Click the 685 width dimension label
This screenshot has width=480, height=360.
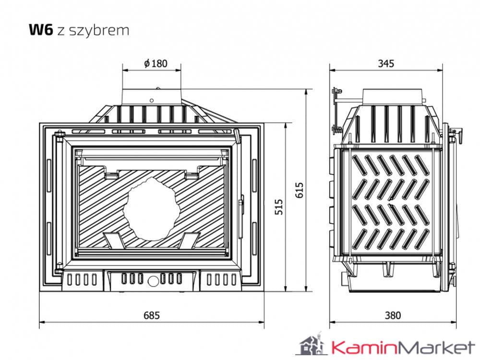(x=151, y=315)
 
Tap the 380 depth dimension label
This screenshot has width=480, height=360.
(x=392, y=315)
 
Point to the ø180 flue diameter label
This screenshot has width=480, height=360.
(x=156, y=63)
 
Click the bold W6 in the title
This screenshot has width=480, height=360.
(x=40, y=30)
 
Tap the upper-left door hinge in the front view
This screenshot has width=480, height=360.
(x=60, y=136)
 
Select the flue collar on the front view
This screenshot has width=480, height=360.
(x=151, y=96)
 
